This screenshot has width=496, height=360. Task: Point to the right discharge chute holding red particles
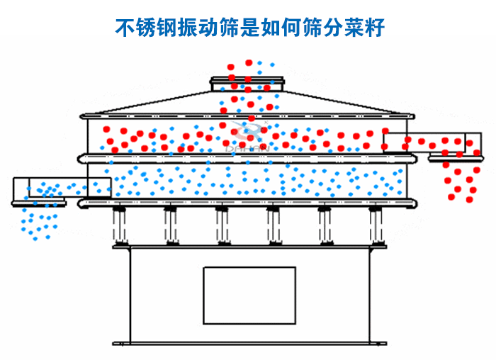[x=432, y=142]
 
